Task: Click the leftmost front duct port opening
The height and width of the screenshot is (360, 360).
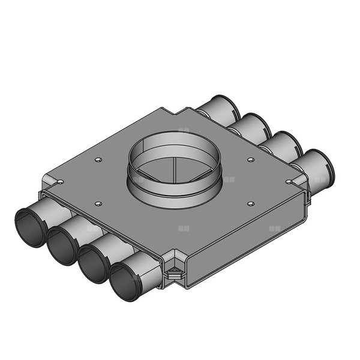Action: pyautogui.click(x=29, y=227)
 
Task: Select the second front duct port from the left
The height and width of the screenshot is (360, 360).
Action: pyautogui.click(x=62, y=244)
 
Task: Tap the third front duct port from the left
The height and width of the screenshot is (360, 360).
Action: pyautogui.click(x=93, y=262)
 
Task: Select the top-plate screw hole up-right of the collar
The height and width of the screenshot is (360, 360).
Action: pyautogui.click(x=251, y=160)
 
